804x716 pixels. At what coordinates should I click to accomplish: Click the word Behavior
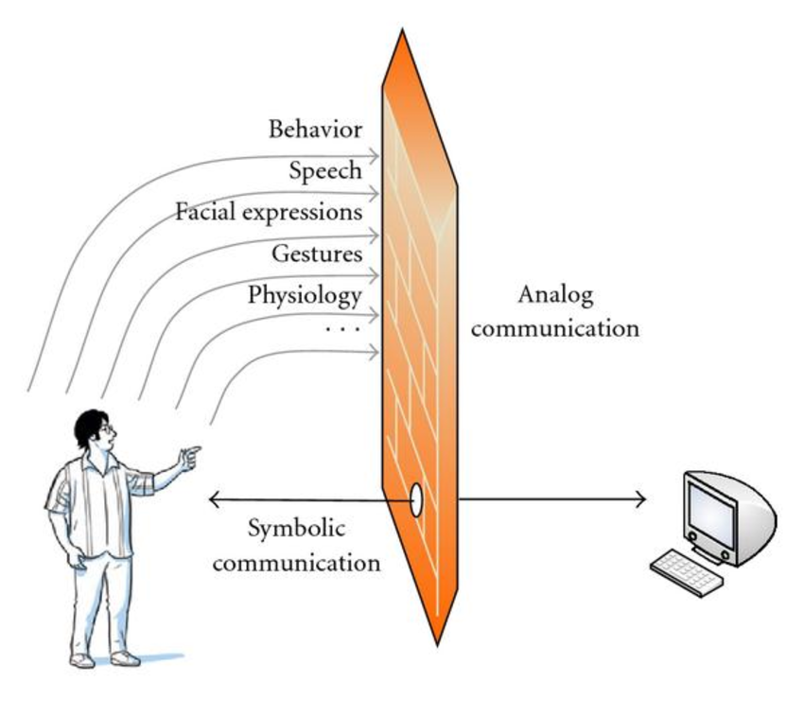coord(314,129)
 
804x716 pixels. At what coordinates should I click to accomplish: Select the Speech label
coord(325,170)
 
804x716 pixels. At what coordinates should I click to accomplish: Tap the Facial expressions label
coord(269,211)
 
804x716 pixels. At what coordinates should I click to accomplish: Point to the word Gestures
coord(317,253)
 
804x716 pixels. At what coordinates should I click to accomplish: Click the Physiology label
coord(305,295)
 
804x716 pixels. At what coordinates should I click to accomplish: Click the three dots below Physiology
coord(342,328)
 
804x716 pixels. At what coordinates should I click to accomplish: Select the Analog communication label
coord(555,311)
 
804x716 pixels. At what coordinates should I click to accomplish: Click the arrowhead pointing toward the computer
coord(641,499)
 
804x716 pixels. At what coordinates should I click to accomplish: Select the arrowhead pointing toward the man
coord(214,499)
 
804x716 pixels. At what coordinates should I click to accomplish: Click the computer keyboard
coord(684,569)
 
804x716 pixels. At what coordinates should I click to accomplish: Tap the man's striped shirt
coord(95,501)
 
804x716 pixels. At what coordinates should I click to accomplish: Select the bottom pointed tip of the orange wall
coord(436,642)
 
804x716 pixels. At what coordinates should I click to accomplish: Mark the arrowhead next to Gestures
coord(376,274)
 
